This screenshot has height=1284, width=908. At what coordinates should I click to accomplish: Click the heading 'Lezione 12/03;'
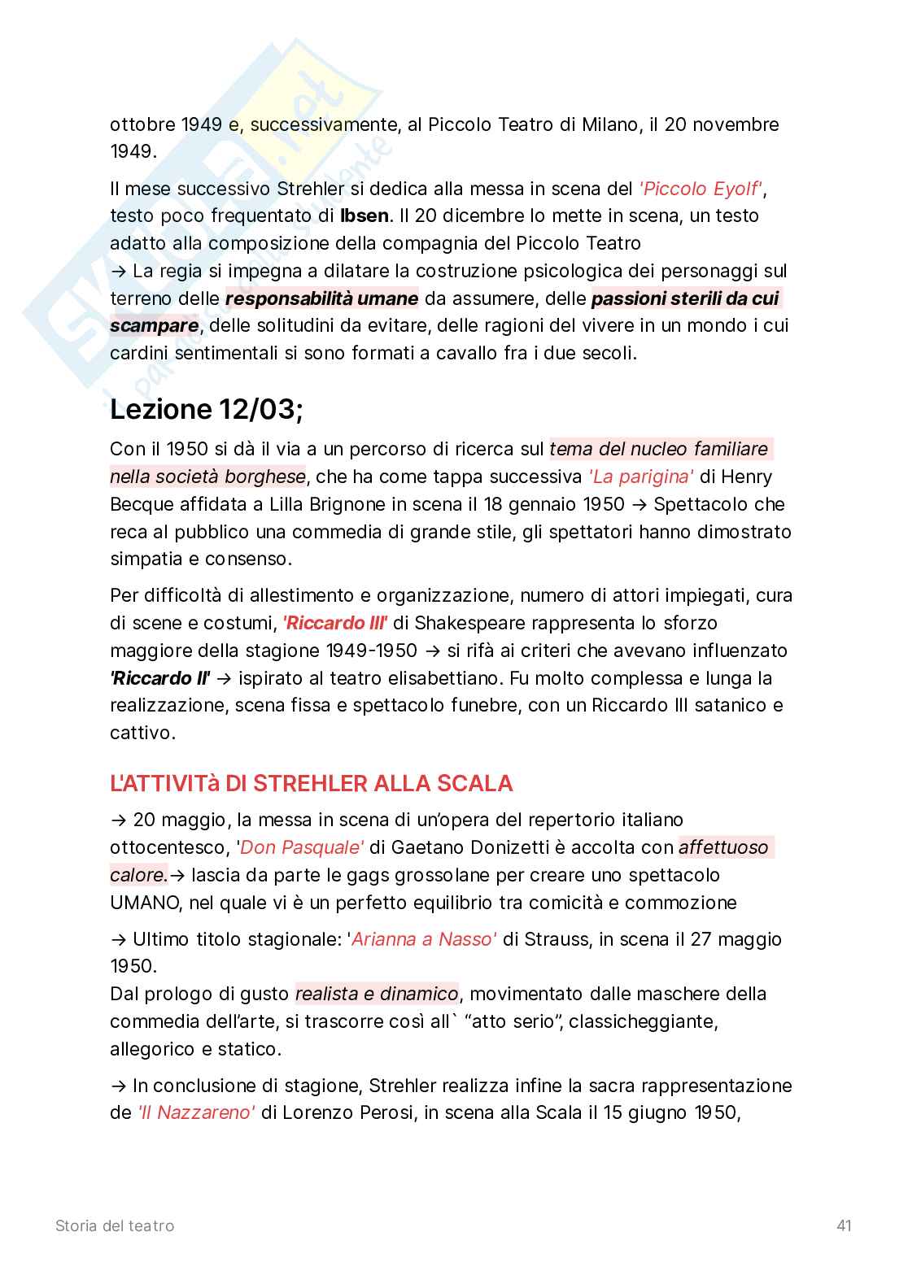(x=206, y=409)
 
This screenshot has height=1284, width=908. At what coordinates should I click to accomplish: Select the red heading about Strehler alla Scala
(x=311, y=783)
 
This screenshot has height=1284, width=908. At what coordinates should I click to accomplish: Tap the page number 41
(x=844, y=1225)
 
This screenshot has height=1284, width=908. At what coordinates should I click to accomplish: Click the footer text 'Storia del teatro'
(x=115, y=1225)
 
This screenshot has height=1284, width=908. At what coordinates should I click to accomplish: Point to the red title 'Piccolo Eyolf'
(x=701, y=189)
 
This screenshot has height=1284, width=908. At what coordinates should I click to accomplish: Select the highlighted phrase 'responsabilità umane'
(x=321, y=298)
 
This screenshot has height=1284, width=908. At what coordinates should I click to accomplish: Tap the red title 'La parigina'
(x=640, y=477)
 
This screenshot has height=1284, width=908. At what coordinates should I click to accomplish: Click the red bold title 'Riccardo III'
(x=334, y=623)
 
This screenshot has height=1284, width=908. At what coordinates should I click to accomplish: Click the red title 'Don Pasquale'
(x=301, y=847)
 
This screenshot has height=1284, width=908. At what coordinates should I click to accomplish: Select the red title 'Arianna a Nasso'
(x=422, y=939)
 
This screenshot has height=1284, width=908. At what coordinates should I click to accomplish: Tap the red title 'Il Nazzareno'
(x=195, y=1112)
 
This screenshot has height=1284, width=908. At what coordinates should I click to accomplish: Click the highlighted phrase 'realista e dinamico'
(x=377, y=994)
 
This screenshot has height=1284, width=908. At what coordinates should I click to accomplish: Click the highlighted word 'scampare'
(x=155, y=326)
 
